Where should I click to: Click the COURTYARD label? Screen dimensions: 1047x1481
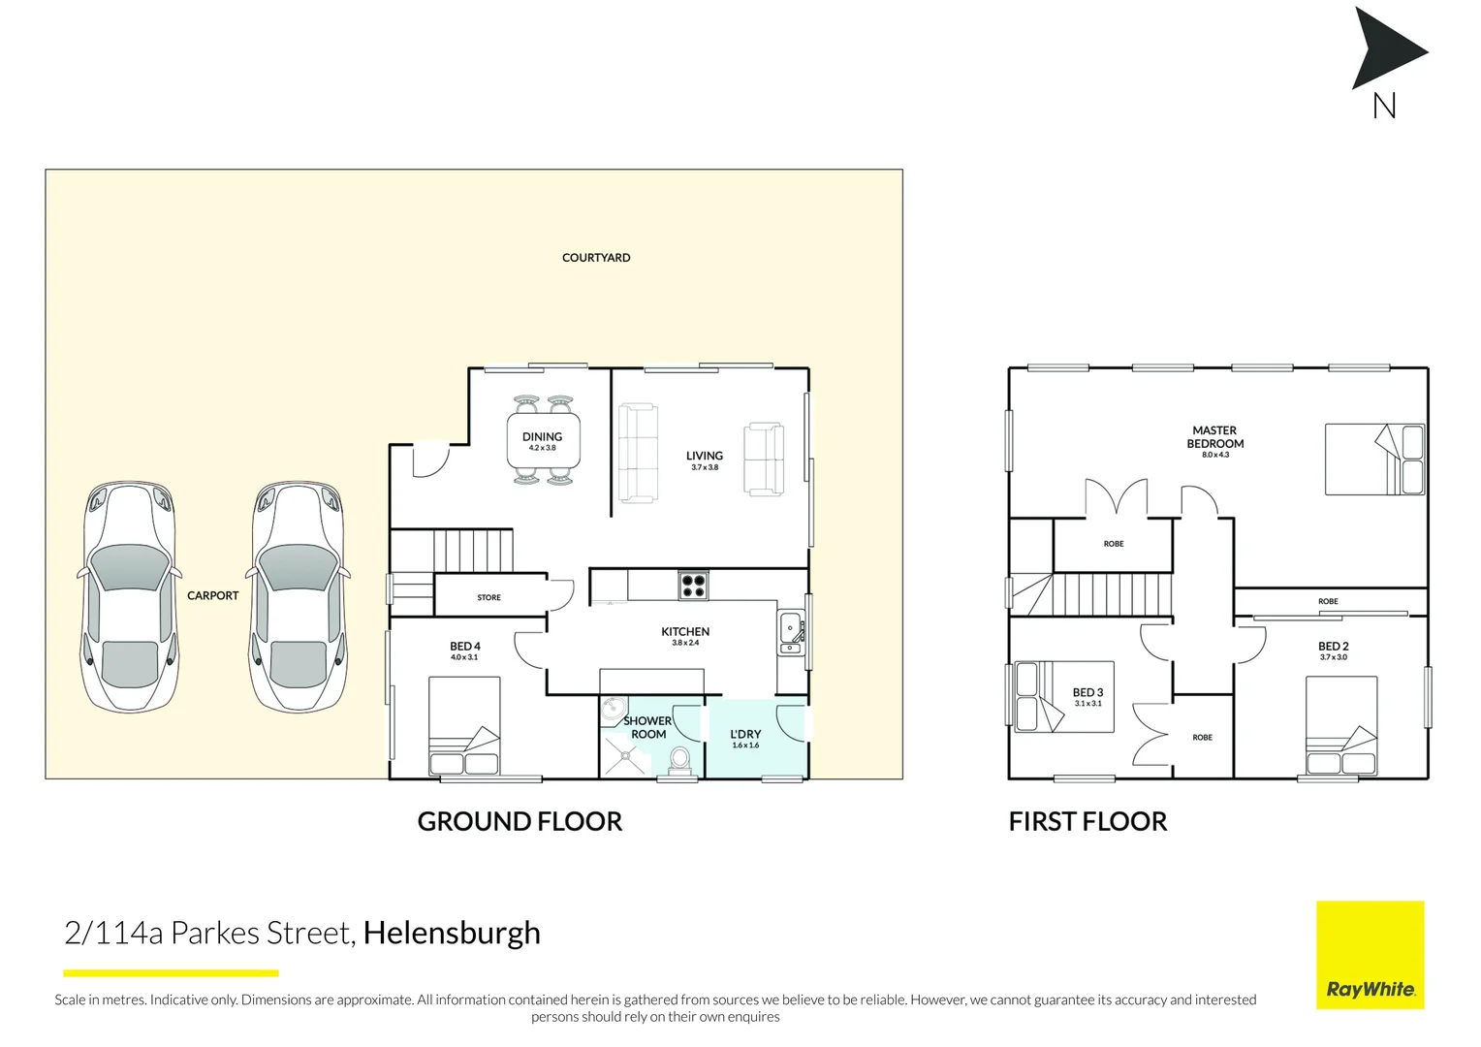pyautogui.click(x=595, y=258)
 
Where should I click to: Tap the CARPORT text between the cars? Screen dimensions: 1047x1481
pyautogui.click(x=212, y=596)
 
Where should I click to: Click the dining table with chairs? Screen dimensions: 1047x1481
pyautogui.click(x=543, y=442)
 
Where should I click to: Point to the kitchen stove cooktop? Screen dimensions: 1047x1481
pyautogui.click(x=693, y=586)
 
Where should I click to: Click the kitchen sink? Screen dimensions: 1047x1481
pyautogui.click(x=791, y=631)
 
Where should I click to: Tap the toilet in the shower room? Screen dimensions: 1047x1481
pyautogui.click(x=680, y=760)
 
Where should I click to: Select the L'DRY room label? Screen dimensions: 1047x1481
pyautogui.click(x=745, y=735)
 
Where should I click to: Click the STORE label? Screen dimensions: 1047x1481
pyautogui.click(x=488, y=598)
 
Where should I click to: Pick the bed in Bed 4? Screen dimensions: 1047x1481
pyautogui.click(x=464, y=725)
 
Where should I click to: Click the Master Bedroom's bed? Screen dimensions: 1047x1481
pyautogui.click(x=1373, y=460)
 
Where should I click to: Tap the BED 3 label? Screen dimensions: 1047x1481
pyautogui.click(x=1087, y=693)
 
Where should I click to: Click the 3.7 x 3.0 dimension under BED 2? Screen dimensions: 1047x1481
pyautogui.click(x=1333, y=658)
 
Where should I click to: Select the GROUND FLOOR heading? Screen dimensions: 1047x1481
pyautogui.click(x=520, y=822)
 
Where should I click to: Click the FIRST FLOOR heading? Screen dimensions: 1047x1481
pyautogui.click(x=1087, y=822)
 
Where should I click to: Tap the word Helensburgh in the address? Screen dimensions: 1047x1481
pyautogui.click(x=452, y=933)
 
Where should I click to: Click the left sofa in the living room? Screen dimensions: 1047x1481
pyautogui.click(x=638, y=454)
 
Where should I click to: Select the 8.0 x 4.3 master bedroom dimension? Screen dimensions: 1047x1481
pyautogui.click(x=1214, y=455)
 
